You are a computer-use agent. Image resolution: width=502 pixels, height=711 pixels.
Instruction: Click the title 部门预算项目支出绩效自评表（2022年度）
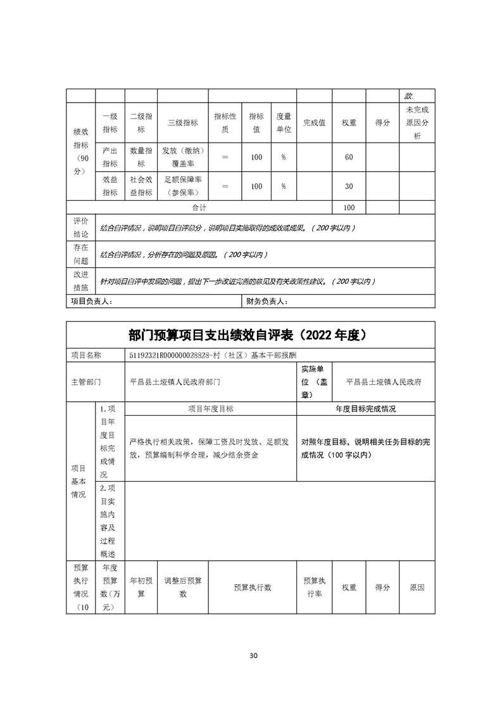click(x=251, y=335)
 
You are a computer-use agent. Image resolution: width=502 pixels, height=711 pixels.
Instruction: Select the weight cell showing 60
click(x=349, y=157)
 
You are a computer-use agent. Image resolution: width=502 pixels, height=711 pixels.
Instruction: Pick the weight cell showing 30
click(x=349, y=186)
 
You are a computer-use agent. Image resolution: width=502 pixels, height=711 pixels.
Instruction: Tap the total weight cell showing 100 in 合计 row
click(x=349, y=208)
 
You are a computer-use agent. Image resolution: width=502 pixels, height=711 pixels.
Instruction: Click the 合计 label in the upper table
click(x=199, y=208)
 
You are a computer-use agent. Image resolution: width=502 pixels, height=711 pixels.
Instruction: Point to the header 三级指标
click(x=182, y=123)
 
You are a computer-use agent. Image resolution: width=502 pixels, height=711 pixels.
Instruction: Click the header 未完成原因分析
click(x=417, y=123)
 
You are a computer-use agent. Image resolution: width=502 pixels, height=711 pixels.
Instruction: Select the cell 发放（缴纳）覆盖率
click(x=182, y=157)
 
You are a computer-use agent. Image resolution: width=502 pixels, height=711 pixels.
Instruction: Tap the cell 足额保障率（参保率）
click(x=182, y=186)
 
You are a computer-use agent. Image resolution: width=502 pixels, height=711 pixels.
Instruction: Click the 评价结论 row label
click(x=80, y=227)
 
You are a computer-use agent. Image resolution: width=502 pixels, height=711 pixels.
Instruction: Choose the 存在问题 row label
click(x=80, y=254)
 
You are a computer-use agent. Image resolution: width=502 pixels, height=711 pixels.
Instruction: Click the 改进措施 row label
click(x=80, y=281)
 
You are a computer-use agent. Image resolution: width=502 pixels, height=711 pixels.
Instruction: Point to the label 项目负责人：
click(x=92, y=302)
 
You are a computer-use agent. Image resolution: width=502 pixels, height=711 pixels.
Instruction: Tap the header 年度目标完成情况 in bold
click(x=365, y=409)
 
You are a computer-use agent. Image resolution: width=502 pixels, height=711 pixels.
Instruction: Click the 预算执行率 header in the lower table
click(x=314, y=587)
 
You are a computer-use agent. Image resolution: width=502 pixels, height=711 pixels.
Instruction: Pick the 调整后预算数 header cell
click(x=183, y=587)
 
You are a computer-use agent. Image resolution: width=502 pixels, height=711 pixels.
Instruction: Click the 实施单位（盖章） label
click(x=314, y=382)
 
